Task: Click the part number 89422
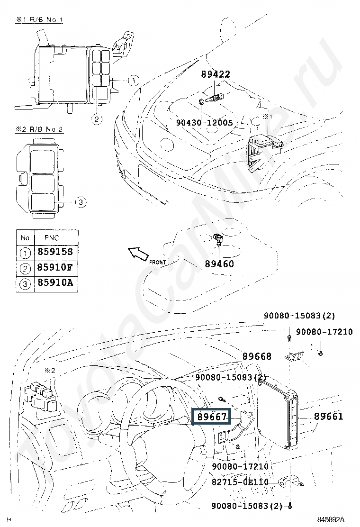pos(216,74)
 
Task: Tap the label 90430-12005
pos(205,123)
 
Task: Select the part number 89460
pos(219,264)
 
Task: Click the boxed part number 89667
pos(211,417)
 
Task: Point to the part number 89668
pos(257,356)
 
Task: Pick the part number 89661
pos(328,417)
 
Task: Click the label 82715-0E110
pos(240,482)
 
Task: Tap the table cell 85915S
pos(55,252)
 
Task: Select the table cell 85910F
pos(55,268)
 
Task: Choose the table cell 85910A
pos(55,282)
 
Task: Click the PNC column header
pos(51,238)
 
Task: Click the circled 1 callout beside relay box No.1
pos(133,80)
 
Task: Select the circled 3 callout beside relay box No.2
pos(80,202)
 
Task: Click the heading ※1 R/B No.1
pos(39,19)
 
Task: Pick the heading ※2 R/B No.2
pos(39,129)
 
